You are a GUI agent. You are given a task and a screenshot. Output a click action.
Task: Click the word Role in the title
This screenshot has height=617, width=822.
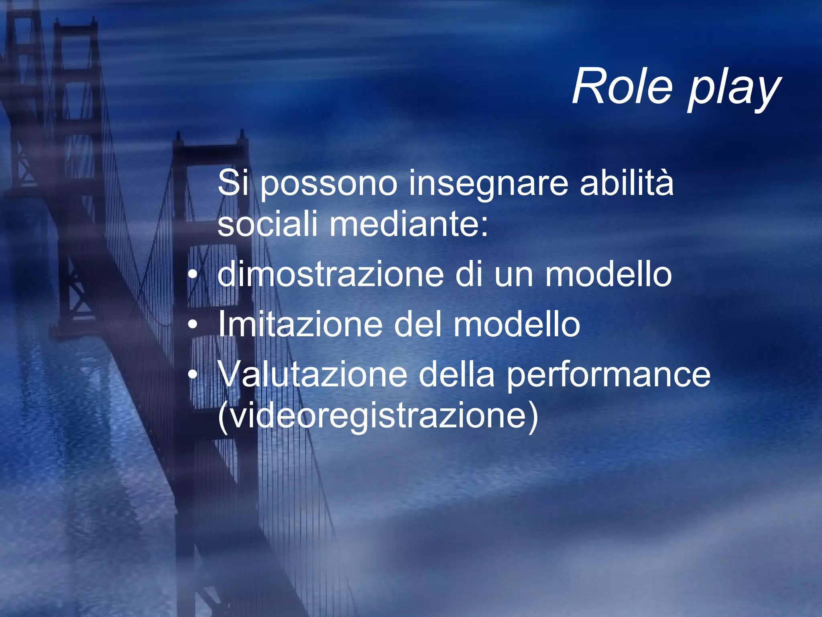(x=622, y=86)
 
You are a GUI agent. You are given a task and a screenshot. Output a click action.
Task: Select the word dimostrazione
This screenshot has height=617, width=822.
(x=331, y=274)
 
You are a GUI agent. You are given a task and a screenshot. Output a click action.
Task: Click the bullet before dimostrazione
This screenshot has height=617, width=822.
(x=193, y=275)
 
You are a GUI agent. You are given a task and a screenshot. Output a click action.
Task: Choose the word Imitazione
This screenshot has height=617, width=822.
(x=300, y=324)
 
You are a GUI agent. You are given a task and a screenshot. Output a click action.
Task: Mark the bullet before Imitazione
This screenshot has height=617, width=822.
(x=193, y=325)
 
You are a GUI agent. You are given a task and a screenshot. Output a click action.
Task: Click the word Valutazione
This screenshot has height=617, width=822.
(x=313, y=374)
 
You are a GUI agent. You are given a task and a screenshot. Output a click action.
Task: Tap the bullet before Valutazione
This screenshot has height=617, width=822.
(x=193, y=375)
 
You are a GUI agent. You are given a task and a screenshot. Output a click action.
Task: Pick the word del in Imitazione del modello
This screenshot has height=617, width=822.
(x=418, y=324)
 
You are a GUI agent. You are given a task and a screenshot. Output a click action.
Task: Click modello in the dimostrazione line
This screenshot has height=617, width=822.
(x=608, y=274)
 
